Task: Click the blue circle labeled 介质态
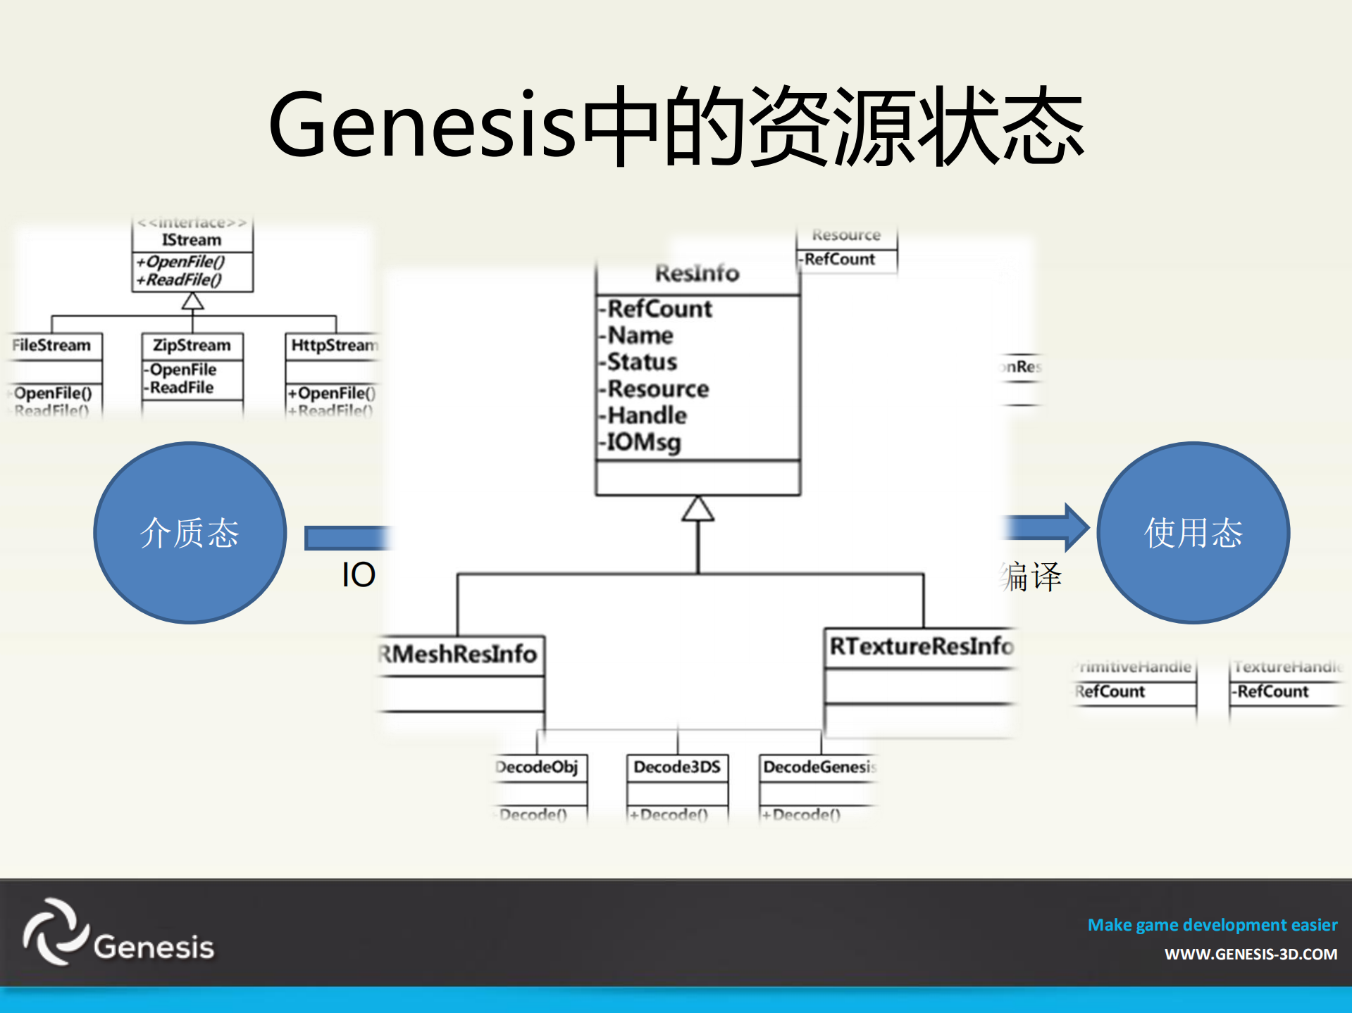190,532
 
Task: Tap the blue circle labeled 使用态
1193,532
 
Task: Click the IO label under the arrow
358,575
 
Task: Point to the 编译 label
1031,577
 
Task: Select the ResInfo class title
697,273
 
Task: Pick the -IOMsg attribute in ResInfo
643,442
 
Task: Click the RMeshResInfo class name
459,654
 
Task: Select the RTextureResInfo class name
920,646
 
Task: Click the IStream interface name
192,240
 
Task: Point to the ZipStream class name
192,345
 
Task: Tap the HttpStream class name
334,345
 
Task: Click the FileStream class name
52,345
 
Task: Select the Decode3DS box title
677,767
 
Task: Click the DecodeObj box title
538,767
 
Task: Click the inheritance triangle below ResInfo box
697,509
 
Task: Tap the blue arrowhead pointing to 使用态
1075,527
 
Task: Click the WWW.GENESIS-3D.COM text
1250,955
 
